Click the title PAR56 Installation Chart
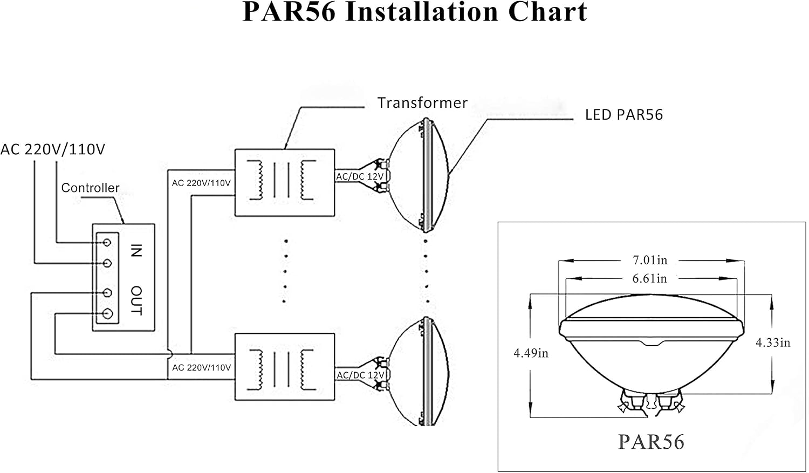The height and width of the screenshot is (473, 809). pyautogui.click(x=415, y=12)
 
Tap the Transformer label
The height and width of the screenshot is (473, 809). pyautogui.click(x=422, y=103)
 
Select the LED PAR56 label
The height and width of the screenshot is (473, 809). pyautogui.click(x=624, y=115)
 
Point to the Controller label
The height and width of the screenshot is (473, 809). pyautogui.click(x=90, y=188)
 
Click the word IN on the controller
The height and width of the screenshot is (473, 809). pyautogui.click(x=136, y=250)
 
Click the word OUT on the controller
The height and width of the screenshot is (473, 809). pyautogui.click(x=136, y=300)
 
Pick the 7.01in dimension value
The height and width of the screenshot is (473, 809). pyautogui.click(x=650, y=260)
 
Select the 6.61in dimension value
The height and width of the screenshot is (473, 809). pyautogui.click(x=649, y=278)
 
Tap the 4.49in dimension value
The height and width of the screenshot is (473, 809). pyautogui.click(x=531, y=353)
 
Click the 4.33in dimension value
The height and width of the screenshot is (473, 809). pyautogui.click(x=773, y=342)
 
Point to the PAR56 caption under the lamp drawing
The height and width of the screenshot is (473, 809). pyautogui.click(x=651, y=442)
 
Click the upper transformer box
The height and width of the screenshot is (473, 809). pyautogui.click(x=285, y=183)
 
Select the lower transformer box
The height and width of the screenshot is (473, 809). pyautogui.click(x=285, y=367)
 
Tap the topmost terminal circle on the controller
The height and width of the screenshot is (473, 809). pyautogui.click(x=107, y=242)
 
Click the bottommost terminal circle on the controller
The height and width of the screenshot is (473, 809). pyautogui.click(x=107, y=314)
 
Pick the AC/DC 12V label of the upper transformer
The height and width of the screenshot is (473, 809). pyautogui.click(x=360, y=176)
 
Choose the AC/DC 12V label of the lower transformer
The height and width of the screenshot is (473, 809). pyautogui.click(x=360, y=375)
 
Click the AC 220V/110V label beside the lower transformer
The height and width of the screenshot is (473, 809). pyautogui.click(x=201, y=368)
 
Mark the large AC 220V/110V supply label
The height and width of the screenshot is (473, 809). pyautogui.click(x=53, y=149)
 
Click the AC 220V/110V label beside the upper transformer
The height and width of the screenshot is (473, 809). pyautogui.click(x=201, y=183)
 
